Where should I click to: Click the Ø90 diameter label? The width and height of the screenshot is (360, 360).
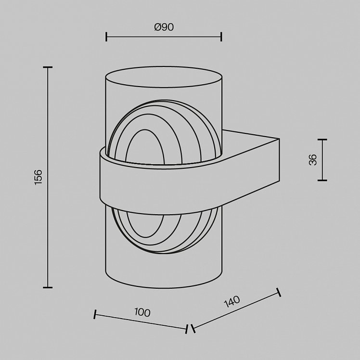pyautogui.click(x=164, y=27)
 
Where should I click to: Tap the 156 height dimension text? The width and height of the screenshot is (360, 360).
pyautogui.click(x=38, y=177)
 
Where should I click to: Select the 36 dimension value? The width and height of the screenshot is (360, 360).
pyautogui.click(x=313, y=160)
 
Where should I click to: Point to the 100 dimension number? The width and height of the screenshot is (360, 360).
pyautogui.click(x=142, y=312)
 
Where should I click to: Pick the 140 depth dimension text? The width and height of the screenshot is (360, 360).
pyautogui.click(x=232, y=301)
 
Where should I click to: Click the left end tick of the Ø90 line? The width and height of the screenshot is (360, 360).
pyautogui.click(x=106, y=37)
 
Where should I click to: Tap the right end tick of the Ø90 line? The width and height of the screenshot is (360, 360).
pyautogui.click(x=221, y=37)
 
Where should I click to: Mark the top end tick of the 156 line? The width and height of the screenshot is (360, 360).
pyautogui.click(x=48, y=67)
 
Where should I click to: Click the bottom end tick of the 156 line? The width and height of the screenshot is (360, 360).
pyautogui.click(x=48, y=287)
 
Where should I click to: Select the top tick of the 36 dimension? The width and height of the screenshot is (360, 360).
pyautogui.click(x=322, y=140)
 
